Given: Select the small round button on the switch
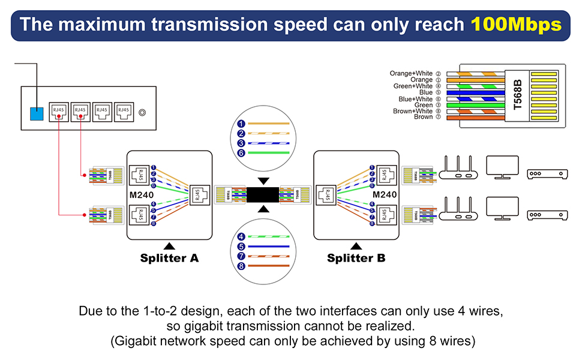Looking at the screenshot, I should click(142, 112).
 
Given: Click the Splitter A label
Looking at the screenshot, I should click(169, 258).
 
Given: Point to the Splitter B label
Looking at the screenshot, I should click(356, 258).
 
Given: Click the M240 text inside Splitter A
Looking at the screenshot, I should click(142, 194).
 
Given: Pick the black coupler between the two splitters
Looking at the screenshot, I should click(263, 194).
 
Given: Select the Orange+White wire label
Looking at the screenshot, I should click(411, 73).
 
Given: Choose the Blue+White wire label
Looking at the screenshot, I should click(415, 99).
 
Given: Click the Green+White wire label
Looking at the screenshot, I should click(413, 86).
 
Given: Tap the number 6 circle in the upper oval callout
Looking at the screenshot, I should click(241, 153).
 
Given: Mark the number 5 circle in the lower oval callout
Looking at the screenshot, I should click(241, 246).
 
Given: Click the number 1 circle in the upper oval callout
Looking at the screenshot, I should click(241, 124).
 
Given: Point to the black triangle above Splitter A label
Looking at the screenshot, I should click(169, 245).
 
